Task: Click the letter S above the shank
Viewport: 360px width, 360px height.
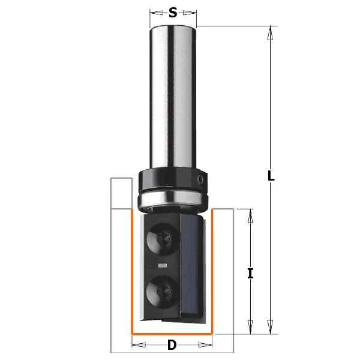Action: [x=173, y=12]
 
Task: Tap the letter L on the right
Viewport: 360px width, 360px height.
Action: [x=271, y=176]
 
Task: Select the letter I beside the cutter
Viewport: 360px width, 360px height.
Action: [x=251, y=274]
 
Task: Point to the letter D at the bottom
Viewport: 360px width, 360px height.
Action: [x=172, y=345]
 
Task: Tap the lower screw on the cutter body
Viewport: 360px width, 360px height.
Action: [x=161, y=290]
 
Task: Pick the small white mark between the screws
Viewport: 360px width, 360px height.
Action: [x=162, y=264]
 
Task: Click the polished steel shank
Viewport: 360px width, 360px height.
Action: [x=173, y=96]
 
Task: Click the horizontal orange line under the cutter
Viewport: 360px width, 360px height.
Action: [x=172, y=333]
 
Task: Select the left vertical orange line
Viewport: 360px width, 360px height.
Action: [x=133, y=270]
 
